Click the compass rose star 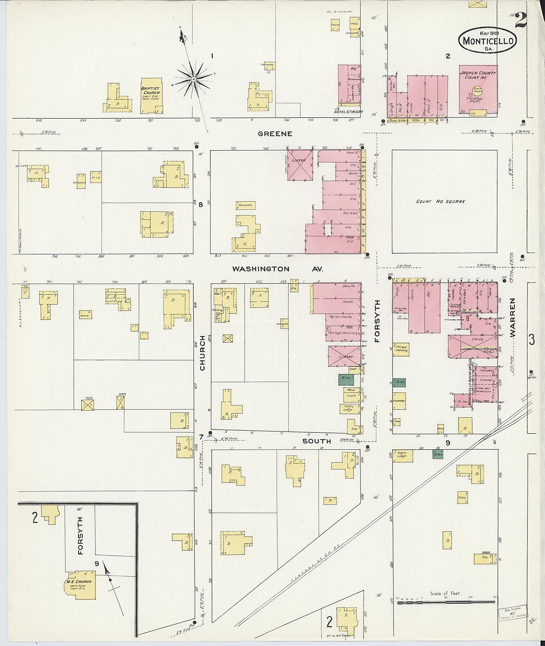[x=194, y=78]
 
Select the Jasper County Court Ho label [x=477, y=75]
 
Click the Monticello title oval [x=488, y=40]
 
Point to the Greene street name [x=275, y=134]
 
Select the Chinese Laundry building [x=401, y=349]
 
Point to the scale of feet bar [x=446, y=602]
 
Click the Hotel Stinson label [x=348, y=112]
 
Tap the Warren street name [x=513, y=318]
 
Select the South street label [x=317, y=441]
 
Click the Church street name [x=202, y=353]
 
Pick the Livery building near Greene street [x=300, y=165]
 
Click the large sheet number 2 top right [x=521, y=20]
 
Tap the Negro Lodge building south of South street [x=403, y=456]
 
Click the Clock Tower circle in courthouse [x=477, y=90]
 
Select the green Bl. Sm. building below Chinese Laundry [x=399, y=382]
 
